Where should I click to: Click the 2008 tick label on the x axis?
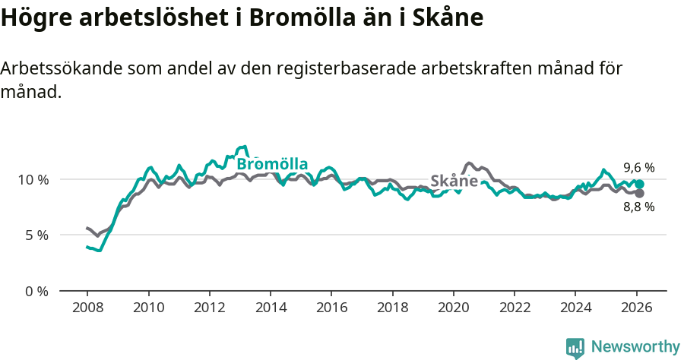tap(87, 308)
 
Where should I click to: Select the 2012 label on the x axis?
tap(209, 308)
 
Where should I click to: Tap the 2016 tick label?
tap(331, 308)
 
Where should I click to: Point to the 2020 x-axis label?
tap(453, 308)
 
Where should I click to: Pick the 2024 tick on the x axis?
tap(575, 308)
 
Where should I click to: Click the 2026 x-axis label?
tap(636, 308)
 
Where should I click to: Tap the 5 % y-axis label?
tap(37, 235)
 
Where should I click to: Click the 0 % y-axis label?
tap(37, 291)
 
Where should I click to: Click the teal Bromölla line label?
tap(272, 164)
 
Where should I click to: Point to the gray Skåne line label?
tap(454, 182)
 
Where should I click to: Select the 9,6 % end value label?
tap(638, 167)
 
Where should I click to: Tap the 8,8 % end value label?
tap(638, 207)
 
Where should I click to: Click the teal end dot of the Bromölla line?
tap(639, 185)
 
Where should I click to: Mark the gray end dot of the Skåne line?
tap(639, 193)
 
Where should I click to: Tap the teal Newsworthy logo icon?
tap(575, 348)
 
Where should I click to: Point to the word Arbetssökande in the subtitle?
tap(62, 68)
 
